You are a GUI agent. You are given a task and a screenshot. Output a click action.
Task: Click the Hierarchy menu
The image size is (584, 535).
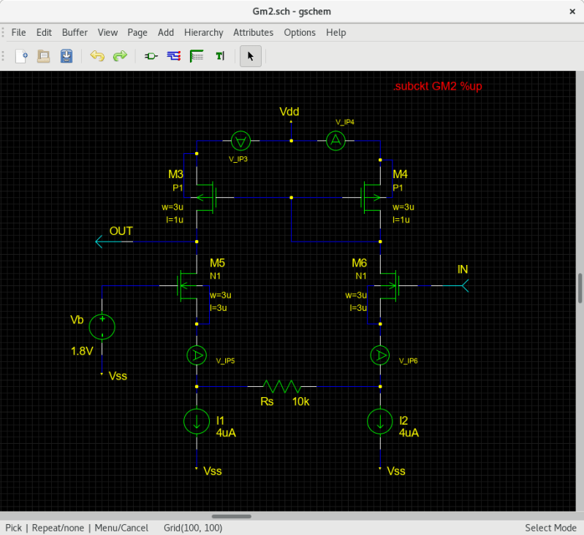pos(203,32)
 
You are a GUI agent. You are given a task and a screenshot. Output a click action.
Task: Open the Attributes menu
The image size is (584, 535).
pos(253,32)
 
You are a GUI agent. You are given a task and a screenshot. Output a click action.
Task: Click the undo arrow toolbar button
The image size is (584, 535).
pos(97,55)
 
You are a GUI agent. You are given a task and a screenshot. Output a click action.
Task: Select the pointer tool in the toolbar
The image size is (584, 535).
pos(250,55)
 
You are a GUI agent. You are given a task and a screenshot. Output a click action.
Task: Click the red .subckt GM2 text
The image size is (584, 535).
pos(437,86)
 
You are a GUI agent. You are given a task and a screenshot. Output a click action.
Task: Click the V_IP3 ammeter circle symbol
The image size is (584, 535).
pos(240,140)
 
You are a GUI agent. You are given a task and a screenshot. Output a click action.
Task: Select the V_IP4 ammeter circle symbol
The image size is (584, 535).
pos(335,140)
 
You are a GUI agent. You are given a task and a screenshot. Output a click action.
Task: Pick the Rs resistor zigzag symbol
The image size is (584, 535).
pos(281,385)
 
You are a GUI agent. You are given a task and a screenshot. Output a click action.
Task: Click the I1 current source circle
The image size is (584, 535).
pos(197,420)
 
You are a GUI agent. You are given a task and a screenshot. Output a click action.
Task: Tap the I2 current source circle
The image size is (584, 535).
pos(380,420)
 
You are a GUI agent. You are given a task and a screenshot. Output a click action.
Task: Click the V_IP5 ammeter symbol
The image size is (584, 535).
pos(197,355)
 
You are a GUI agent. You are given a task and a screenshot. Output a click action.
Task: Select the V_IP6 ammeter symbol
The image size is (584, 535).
pos(380,355)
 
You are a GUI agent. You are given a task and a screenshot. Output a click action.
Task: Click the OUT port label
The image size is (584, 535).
pos(121,231)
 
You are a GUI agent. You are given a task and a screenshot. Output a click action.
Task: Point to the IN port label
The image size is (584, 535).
pos(463,269)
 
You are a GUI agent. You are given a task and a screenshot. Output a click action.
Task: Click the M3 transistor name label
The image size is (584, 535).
pos(176,174)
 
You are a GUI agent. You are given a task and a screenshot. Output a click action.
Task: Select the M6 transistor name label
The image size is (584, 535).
pos(359,263)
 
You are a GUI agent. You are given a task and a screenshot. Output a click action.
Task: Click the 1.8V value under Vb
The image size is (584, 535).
pos(82,351)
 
